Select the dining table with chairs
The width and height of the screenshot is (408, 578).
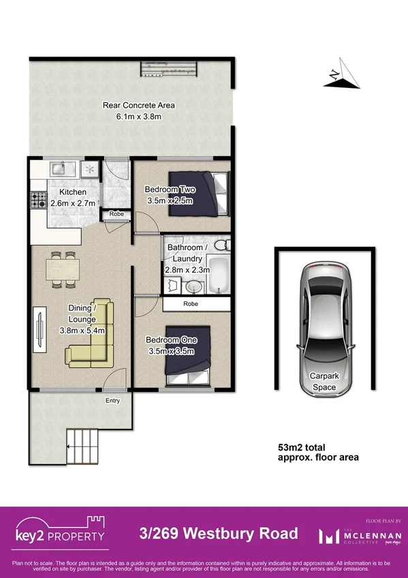(61, 268)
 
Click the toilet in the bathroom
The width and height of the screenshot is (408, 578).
(219, 246)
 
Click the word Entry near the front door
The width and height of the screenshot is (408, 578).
(112, 400)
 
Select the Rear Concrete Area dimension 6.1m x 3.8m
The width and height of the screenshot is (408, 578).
(138, 117)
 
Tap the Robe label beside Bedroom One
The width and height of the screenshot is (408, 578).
(190, 304)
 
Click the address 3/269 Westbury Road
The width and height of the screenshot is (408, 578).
(218, 533)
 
